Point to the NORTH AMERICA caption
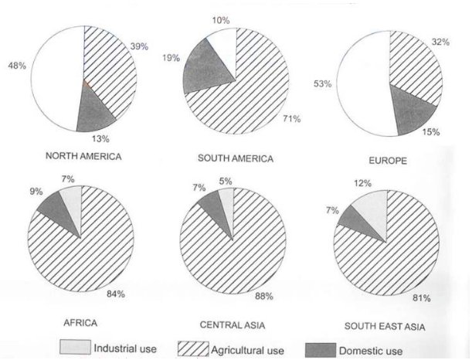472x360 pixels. coord(83,155)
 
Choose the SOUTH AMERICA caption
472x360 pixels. coord(236,159)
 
